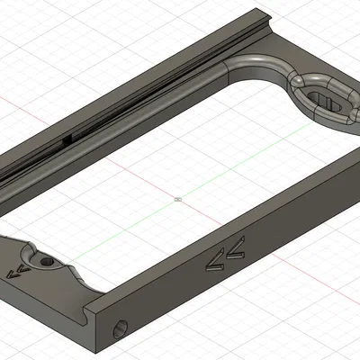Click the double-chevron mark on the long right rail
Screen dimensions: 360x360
[x=226, y=254]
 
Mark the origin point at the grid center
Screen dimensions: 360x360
[x=178, y=195]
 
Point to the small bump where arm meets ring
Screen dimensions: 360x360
[x=297, y=83]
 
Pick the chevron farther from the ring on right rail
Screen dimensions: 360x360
[x=216, y=260]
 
